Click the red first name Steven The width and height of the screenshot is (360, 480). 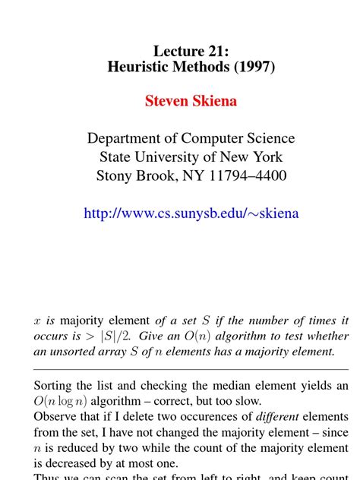click(166, 101)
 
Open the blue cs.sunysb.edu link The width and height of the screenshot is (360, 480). click(191, 213)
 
